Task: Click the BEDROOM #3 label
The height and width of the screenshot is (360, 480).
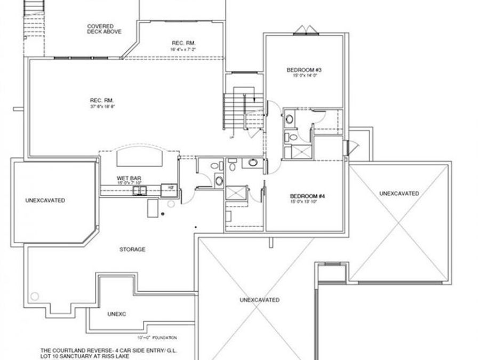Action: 303,70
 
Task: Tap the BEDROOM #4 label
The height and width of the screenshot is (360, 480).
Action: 307,196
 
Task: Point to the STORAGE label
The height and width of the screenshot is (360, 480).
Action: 133,249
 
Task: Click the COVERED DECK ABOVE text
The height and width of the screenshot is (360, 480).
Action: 104,29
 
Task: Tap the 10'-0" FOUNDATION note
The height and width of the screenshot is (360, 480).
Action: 157,338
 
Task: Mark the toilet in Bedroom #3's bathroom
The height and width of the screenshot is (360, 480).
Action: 292,138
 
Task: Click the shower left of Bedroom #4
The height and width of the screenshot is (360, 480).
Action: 235,192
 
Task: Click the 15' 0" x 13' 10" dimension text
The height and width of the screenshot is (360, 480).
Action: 307,202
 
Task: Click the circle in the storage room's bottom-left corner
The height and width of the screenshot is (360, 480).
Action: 36,296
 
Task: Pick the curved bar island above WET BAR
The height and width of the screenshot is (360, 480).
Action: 139,158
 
